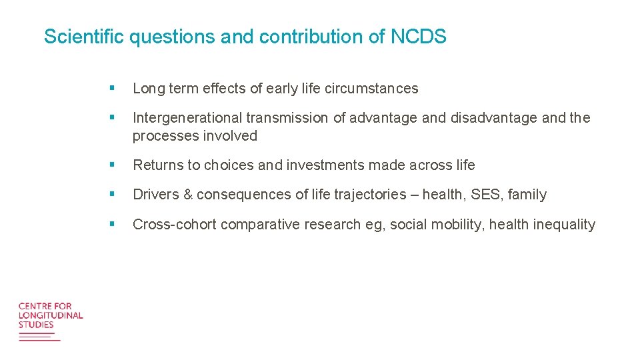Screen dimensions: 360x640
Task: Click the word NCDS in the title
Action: click(418, 37)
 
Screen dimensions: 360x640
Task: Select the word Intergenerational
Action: click(187, 118)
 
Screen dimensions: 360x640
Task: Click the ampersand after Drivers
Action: click(188, 195)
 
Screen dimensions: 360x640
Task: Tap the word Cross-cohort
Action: click(175, 225)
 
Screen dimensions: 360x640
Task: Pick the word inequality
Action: click(564, 225)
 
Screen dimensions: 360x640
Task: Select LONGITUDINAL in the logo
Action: click(51, 315)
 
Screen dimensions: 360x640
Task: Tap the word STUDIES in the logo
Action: click(36, 325)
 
